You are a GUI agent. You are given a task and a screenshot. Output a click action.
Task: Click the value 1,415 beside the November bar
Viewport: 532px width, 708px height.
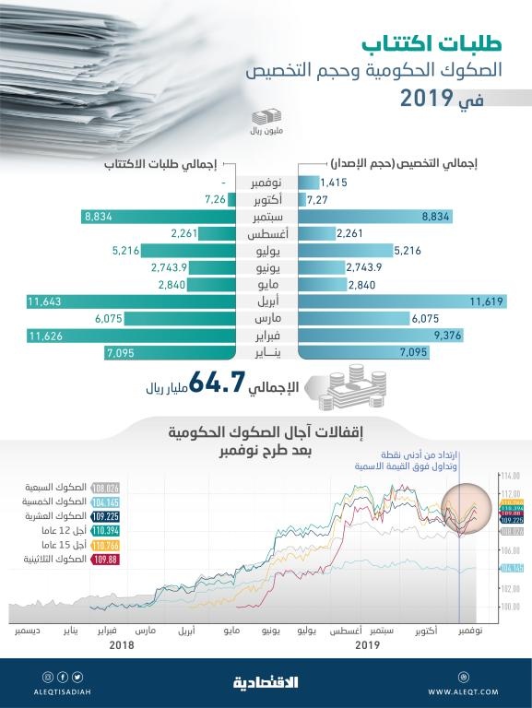point(336,183)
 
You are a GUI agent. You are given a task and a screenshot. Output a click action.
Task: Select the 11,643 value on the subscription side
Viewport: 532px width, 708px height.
point(44,301)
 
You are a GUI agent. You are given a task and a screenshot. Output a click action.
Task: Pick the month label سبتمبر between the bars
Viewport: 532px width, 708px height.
point(266,217)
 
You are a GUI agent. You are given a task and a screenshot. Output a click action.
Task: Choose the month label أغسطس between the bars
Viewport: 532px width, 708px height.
point(266,233)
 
